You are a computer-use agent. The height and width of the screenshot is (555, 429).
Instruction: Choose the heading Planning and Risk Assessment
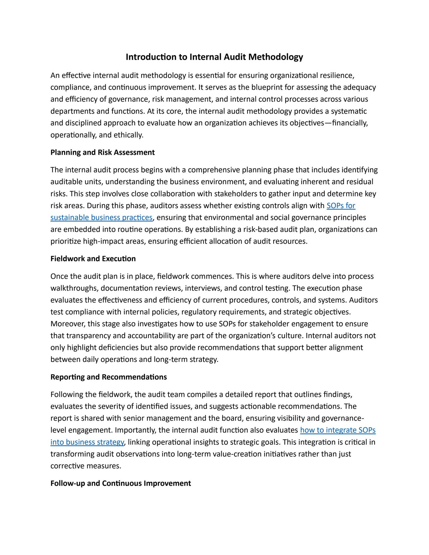tap(102, 153)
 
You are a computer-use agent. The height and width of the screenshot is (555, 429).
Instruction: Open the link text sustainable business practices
tap(101, 218)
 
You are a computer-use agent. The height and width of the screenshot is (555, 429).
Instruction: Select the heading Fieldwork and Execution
tap(93, 259)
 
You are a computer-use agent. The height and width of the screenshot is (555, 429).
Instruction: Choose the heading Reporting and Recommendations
tap(108, 377)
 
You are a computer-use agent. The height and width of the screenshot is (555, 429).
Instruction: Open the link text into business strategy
tap(87, 442)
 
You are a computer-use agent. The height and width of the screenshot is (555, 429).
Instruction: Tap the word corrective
tap(67, 466)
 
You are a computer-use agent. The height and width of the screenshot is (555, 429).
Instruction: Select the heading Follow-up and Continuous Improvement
tap(121, 483)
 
